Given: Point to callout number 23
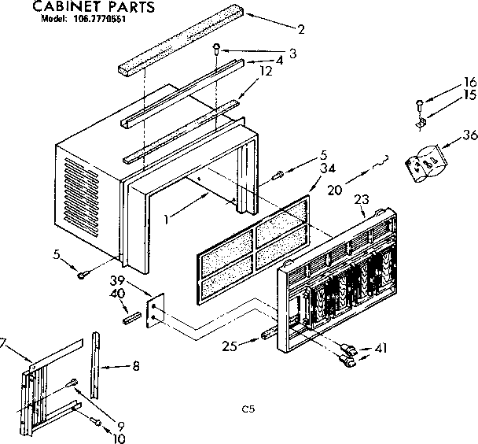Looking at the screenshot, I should pos(359,200).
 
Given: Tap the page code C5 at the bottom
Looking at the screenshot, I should pos(249,409).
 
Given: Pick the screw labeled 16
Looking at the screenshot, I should pos(419,102).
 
